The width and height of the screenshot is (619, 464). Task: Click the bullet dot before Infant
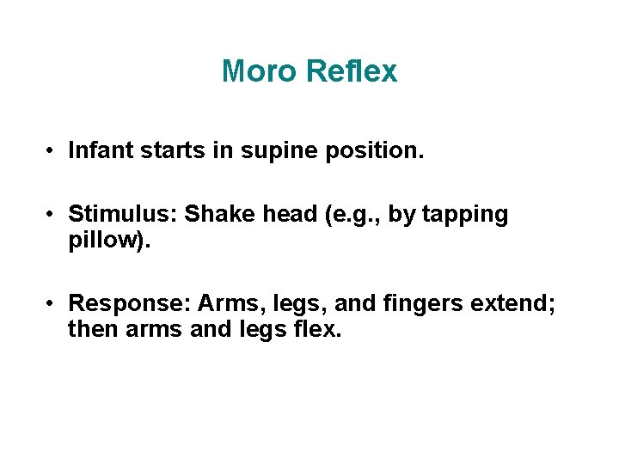point(52,152)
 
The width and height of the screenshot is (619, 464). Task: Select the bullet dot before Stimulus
point(52,214)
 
